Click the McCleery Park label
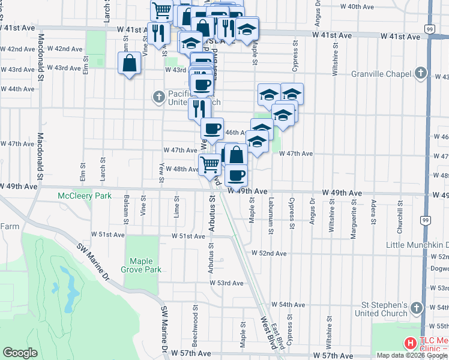pos(85,196)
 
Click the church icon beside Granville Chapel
pos(421,74)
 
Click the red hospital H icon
pos(411,344)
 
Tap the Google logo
pos(20,353)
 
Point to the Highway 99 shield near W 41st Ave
pos(429,29)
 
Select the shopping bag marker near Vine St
pos(130,63)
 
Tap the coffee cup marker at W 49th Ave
pos(236,175)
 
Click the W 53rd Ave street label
pos(229,283)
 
